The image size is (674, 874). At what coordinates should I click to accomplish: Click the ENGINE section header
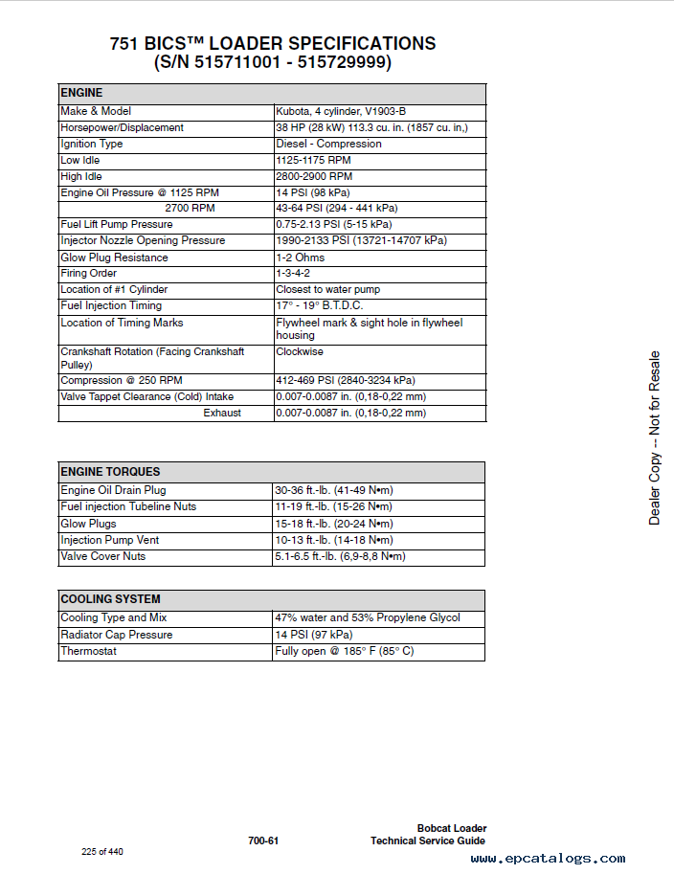click(x=81, y=93)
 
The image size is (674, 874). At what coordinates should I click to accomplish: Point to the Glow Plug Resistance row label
click(x=114, y=258)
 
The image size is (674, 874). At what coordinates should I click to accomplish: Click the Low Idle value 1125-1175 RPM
click(x=313, y=160)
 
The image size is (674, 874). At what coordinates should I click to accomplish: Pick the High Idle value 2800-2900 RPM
click(x=314, y=176)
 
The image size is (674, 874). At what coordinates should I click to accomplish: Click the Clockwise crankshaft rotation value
click(x=301, y=351)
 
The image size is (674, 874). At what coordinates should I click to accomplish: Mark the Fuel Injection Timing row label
click(x=111, y=305)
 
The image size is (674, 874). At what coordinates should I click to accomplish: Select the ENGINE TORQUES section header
click(x=110, y=471)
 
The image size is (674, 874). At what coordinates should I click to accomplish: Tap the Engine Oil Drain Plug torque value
click(x=334, y=490)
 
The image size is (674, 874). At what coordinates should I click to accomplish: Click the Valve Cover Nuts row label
click(x=103, y=556)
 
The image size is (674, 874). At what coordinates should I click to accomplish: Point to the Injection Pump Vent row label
click(x=110, y=540)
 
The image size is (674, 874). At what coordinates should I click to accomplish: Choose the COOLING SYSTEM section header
click(x=110, y=599)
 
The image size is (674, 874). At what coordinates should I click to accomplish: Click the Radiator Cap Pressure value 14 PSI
click(x=313, y=635)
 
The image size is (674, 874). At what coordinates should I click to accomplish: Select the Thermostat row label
click(x=88, y=651)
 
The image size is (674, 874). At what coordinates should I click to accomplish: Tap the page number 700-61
click(x=263, y=840)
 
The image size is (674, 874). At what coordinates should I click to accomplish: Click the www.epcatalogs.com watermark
click(x=548, y=859)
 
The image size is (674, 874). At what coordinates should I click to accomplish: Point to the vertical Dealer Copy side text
click(x=655, y=437)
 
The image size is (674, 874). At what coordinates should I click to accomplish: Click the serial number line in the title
click(x=272, y=63)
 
